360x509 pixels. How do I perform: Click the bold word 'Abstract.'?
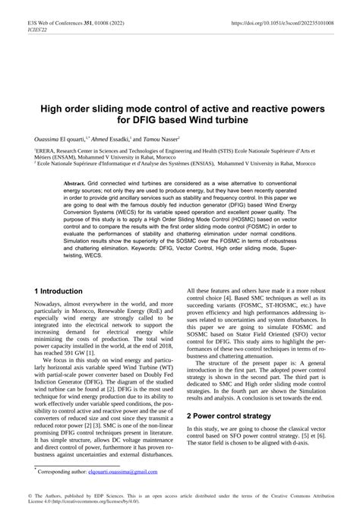click(x=74, y=185)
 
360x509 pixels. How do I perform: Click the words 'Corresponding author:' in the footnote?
click(x=62, y=472)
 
